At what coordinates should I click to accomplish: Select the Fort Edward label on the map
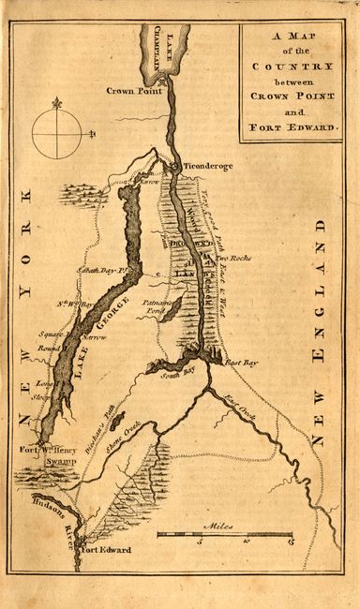pos(106,550)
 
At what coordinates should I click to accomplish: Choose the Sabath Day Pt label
pos(106,269)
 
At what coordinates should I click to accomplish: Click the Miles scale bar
pos(224,534)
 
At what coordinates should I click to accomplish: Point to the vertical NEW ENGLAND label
pos(321,332)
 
